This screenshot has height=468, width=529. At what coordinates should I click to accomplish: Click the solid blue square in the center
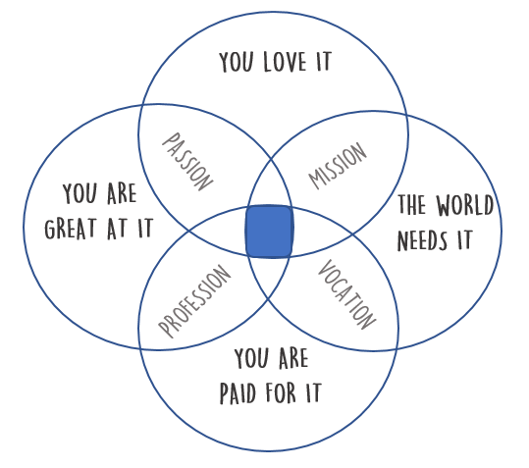269,232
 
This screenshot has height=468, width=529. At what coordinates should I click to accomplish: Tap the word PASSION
187,162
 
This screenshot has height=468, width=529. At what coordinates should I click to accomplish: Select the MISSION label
338,166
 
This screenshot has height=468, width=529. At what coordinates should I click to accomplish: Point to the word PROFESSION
194,301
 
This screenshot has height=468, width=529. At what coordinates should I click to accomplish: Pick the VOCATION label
346,294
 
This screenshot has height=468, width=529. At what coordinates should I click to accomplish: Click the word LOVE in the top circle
285,62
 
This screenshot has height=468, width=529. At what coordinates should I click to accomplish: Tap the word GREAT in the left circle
71,229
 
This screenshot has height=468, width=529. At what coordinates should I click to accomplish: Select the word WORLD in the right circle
465,205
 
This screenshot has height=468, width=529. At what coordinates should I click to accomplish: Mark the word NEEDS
422,240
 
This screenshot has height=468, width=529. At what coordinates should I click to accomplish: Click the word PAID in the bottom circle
238,392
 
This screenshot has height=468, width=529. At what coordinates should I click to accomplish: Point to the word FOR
281,392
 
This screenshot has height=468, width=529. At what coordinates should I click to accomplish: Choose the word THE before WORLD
411,204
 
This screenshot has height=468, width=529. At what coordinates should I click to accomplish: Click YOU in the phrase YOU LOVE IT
236,62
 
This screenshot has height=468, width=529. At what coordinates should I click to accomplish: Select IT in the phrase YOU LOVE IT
324,62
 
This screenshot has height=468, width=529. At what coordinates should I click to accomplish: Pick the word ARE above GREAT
122,193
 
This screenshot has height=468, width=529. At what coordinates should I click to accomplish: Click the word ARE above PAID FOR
293,358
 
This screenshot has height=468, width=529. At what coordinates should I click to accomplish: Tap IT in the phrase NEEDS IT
464,239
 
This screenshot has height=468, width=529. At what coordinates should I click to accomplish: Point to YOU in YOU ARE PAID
251,358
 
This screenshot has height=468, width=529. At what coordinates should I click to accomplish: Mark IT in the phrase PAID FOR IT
314,392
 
